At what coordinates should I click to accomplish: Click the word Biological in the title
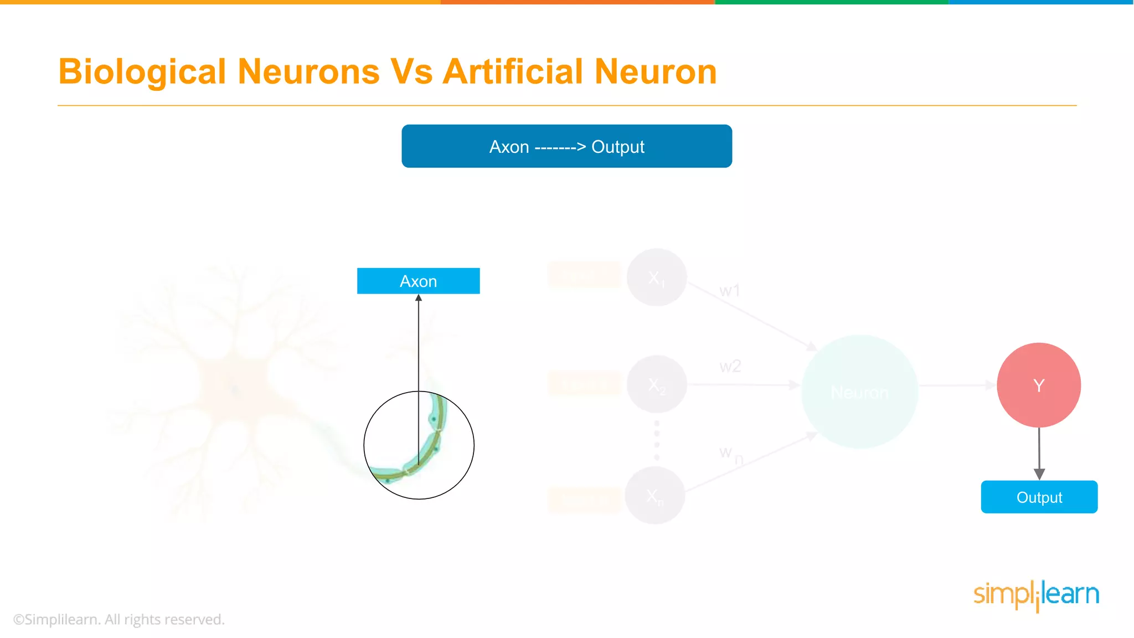pyautogui.click(x=142, y=72)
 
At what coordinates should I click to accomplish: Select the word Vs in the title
pyautogui.click(x=411, y=72)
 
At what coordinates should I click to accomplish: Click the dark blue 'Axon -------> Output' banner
pyautogui.click(x=566, y=146)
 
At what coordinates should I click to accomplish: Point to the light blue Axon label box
pyautogui.click(x=418, y=281)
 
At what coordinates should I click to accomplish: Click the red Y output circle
pyautogui.click(x=1039, y=385)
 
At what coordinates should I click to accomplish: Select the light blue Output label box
pyautogui.click(x=1039, y=497)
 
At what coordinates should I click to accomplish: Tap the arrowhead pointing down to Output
pyautogui.click(x=1039, y=474)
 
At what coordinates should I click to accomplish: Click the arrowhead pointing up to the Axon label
pyautogui.click(x=419, y=298)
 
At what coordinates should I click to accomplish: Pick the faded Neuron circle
pyautogui.click(x=859, y=392)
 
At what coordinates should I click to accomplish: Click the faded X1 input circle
pyautogui.click(x=657, y=277)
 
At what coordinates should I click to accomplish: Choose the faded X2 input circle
pyautogui.click(x=657, y=384)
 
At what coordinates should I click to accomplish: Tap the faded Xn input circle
pyautogui.click(x=655, y=495)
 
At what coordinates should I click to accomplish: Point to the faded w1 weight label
pyautogui.click(x=729, y=290)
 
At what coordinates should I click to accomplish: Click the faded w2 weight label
pyautogui.click(x=730, y=366)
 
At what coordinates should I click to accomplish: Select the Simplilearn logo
pyautogui.click(x=1036, y=595)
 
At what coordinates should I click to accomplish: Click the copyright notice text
pyautogui.click(x=118, y=619)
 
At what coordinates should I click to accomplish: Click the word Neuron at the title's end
pyautogui.click(x=656, y=72)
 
